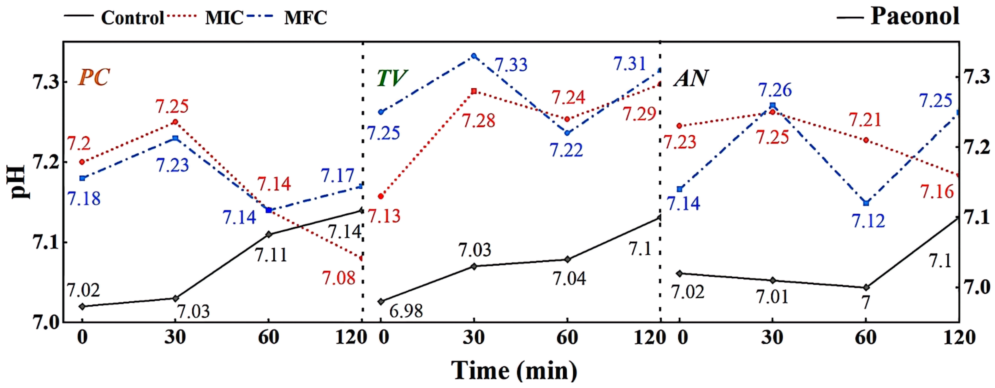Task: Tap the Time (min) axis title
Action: (x=514, y=370)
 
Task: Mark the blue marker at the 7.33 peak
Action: (x=474, y=56)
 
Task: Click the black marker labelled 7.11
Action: (x=269, y=234)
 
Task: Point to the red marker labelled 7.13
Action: (x=381, y=196)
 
